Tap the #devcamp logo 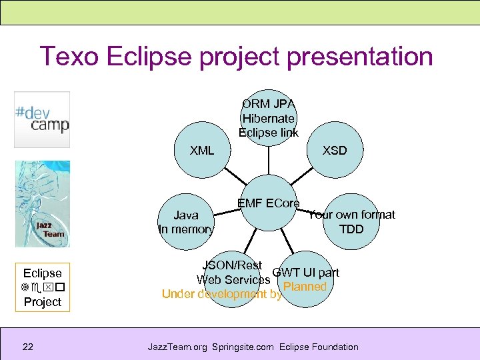[42, 119]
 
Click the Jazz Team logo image [42, 203]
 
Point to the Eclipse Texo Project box [42, 287]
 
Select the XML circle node [202, 151]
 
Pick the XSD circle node [335, 151]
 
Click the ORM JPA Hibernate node [269, 117]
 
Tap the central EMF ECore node [269, 203]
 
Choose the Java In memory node [186, 223]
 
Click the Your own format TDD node [351, 222]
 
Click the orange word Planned [305, 287]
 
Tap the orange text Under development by [222, 294]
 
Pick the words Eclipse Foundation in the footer [319, 347]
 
